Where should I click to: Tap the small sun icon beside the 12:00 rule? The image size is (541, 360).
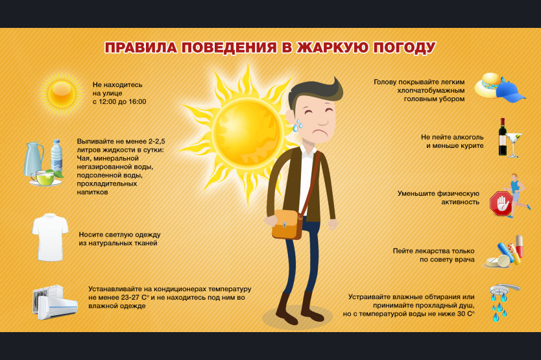click(x=62, y=93)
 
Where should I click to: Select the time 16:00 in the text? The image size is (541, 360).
click(x=137, y=102)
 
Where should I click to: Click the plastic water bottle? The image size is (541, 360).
click(x=56, y=156)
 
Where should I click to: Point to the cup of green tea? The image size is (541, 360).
click(x=44, y=178)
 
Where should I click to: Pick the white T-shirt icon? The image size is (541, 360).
click(x=50, y=237)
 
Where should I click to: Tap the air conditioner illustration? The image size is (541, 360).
click(x=55, y=302)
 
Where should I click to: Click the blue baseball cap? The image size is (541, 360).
click(x=511, y=92)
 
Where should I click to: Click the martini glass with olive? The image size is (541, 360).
click(x=514, y=145)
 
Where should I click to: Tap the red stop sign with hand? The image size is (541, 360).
click(x=501, y=204)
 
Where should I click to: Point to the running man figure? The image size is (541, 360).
click(x=517, y=195)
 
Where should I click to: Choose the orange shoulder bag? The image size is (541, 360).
click(x=286, y=224)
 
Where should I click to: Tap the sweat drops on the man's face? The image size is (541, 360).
click(x=297, y=126)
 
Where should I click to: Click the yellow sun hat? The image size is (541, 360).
click(x=487, y=85)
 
